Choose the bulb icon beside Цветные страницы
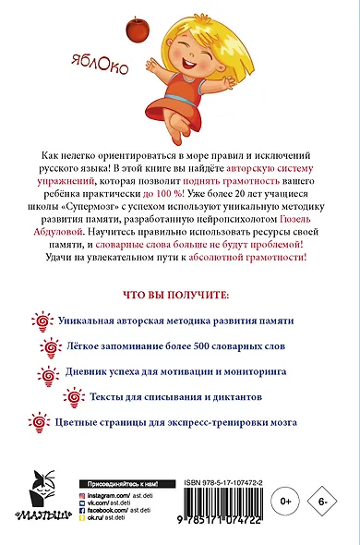point(42,426)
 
